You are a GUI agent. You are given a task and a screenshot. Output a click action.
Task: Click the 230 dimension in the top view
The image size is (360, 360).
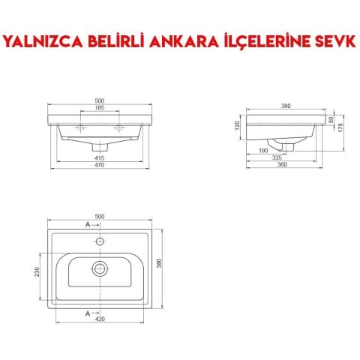pos(35,273)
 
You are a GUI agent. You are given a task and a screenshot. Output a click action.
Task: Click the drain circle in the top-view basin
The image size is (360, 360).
pos(99,268)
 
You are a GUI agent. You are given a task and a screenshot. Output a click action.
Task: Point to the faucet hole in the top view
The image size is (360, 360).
pos(99,242)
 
